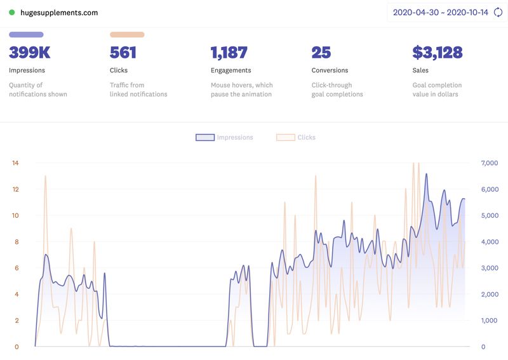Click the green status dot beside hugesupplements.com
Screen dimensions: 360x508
[x=12, y=13]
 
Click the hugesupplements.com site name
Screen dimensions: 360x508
[x=59, y=13]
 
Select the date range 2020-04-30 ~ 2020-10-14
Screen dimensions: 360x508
[x=440, y=13]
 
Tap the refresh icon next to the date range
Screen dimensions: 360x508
[x=498, y=13]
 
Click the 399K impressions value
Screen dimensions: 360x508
[x=30, y=53]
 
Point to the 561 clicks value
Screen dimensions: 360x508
[x=123, y=53]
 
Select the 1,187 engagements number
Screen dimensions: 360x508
[x=229, y=53]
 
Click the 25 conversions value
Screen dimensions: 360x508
[x=321, y=53]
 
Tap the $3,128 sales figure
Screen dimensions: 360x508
[x=438, y=53]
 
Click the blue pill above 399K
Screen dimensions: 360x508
[x=26, y=35]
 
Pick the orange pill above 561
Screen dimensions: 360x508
[x=127, y=35]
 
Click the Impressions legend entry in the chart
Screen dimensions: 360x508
[x=225, y=137]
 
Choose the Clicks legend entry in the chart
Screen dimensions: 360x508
[x=297, y=137]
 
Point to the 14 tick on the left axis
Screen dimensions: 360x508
[x=15, y=163]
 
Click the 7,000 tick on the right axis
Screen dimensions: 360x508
[x=480, y=163]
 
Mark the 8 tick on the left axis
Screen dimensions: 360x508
[x=17, y=242]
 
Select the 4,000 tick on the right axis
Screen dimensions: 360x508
[x=480, y=242]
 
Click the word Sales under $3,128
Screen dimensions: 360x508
[x=420, y=70]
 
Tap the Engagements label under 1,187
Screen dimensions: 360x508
[x=231, y=70]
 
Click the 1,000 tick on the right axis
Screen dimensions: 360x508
[x=480, y=321]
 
